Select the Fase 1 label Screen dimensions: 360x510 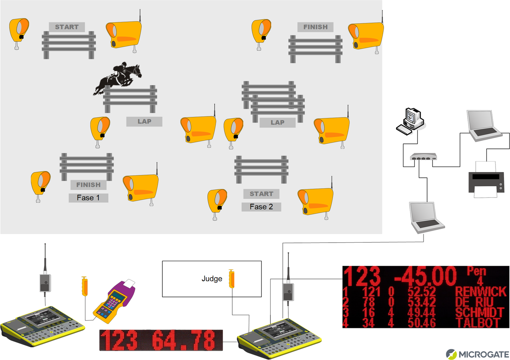pyautogui.click(x=88, y=198)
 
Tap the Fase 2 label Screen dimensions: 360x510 pyautogui.click(x=261, y=207)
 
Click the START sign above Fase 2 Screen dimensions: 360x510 pyautogui.click(x=261, y=194)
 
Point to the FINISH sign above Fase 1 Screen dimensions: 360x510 pyautogui.click(x=88, y=185)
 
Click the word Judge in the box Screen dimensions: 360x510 pyautogui.click(x=212, y=279)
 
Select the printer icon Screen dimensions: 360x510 pyautogui.click(x=486, y=179)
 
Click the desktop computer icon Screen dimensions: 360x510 pyautogui.click(x=410, y=121)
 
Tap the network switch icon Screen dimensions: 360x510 pyautogui.click(x=423, y=157)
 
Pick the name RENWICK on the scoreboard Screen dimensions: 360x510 pyautogui.click(x=481, y=292)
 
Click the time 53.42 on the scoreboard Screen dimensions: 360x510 pyautogui.click(x=421, y=302)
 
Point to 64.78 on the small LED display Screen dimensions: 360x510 pyautogui.click(x=183, y=341)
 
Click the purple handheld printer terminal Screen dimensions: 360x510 pyautogui.click(x=114, y=302)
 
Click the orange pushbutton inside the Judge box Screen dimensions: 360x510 pyautogui.click(x=232, y=279)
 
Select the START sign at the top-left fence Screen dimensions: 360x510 pyautogui.click(x=67, y=27)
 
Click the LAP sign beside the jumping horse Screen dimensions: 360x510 pyautogui.click(x=144, y=122)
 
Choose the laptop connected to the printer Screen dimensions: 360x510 pyautogui.click(x=484, y=126)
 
